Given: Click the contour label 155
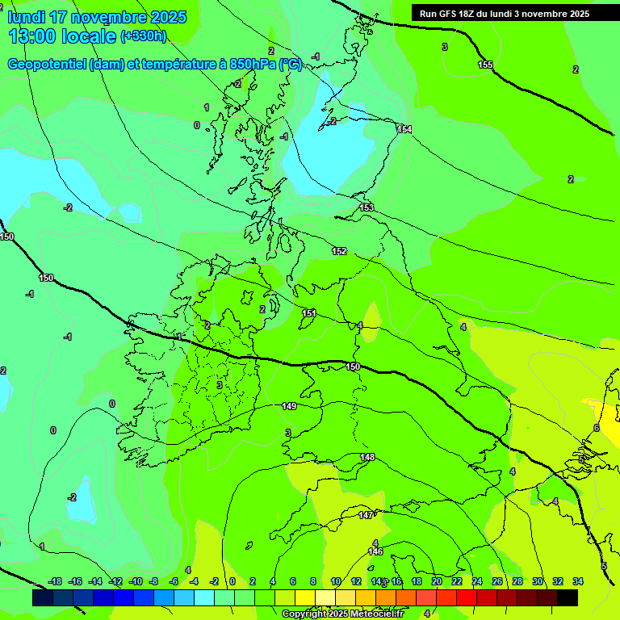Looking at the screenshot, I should click(485, 65).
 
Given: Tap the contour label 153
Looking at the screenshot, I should click(367, 207).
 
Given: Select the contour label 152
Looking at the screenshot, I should click(339, 251).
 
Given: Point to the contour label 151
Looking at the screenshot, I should click(309, 313).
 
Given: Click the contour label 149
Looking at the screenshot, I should click(289, 406).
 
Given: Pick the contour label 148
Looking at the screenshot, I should click(367, 457).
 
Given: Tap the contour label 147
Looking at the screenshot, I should click(366, 514).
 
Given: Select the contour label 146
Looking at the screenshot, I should click(375, 551).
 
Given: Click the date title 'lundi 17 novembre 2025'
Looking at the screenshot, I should click(97, 17).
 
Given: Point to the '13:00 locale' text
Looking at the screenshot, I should click(64, 36).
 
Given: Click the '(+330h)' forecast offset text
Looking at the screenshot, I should click(143, 36).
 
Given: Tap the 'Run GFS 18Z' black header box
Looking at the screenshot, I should click(504, 14).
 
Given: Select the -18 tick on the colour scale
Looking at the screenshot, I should click(55, 581).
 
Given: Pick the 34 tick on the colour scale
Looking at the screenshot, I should click(577, 581).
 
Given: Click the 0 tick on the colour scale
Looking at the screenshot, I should click(232, 581).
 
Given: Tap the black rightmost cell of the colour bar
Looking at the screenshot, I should click(568, 597).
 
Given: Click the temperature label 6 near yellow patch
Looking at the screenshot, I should click(596, 428).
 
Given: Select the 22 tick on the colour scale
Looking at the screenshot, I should click(457, 581).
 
